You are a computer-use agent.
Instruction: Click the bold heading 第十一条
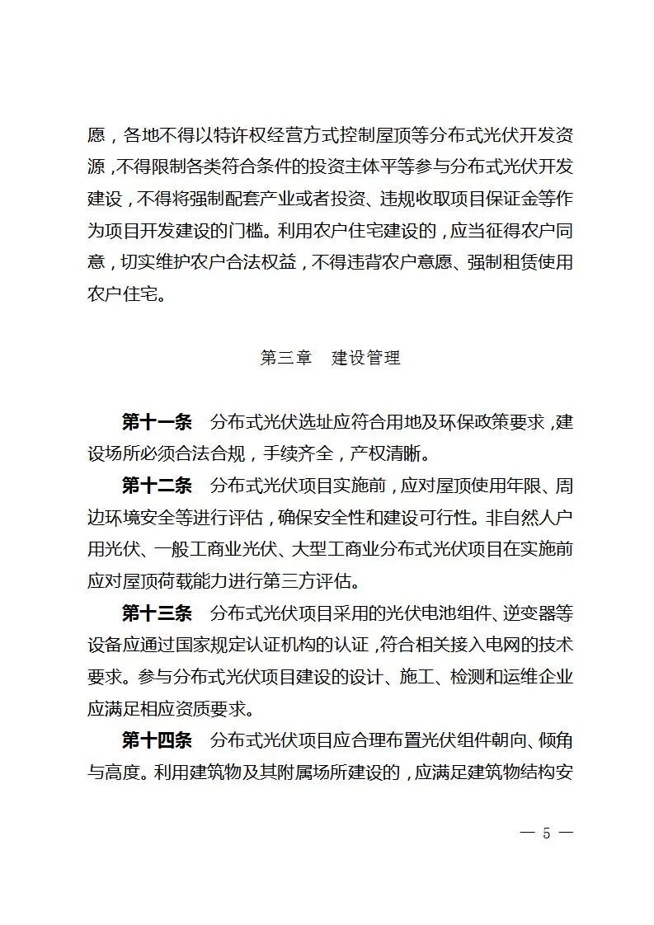click(157, 423)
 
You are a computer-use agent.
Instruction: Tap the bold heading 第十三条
click(157, 613)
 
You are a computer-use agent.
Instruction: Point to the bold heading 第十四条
click(157, 740)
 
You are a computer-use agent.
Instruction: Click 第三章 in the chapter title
click(286, 359)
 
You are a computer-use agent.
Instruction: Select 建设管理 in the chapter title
click(365, 359)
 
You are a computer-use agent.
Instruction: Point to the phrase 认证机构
click(285, 645)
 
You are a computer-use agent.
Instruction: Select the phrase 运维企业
click(539, 677)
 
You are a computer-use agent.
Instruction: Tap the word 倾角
click(555, 740)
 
